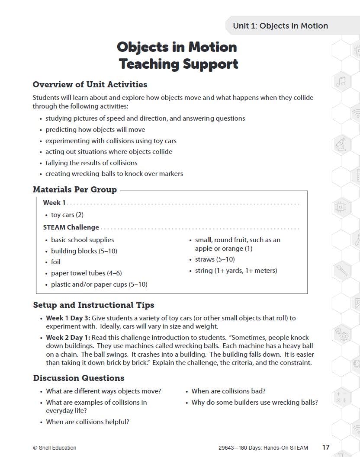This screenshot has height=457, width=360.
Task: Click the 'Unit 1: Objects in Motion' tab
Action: tap(280, 26)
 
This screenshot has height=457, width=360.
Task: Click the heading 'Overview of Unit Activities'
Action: tap(90, 85)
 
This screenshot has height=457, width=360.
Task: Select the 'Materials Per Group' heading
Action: tap(75, 190)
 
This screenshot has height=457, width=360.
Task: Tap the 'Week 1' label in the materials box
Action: tap(55, 203)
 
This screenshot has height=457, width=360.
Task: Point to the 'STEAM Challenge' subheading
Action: tap(71, 227)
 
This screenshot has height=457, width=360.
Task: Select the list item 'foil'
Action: tap(56, 262)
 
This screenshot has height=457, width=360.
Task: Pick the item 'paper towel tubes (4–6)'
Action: tap(86, 273)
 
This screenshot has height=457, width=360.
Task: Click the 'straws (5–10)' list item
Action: tap(215, 259)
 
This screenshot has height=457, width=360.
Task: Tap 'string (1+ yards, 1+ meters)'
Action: tap(236, 271)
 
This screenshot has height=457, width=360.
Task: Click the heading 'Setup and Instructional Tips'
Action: tap(93, 305)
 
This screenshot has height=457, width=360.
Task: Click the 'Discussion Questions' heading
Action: tap(79, 378)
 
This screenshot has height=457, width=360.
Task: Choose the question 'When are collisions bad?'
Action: tap(228, 391)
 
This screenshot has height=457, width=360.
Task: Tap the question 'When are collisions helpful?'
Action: tap(87, 422)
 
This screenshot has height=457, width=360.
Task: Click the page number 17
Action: tap(326, 447)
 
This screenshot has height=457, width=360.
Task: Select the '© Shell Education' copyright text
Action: tap(55, 448)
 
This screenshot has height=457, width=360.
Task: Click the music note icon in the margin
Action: tap(341, 81)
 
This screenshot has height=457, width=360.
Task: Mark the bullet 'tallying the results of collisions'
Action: tap(91, 163)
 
